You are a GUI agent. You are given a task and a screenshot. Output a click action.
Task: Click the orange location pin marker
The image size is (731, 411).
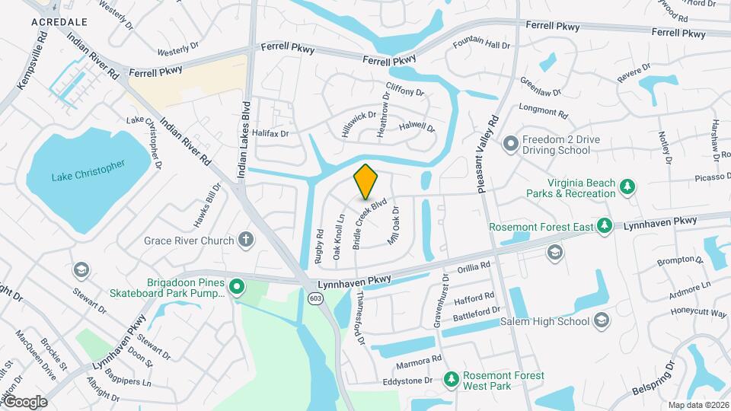point(366,180)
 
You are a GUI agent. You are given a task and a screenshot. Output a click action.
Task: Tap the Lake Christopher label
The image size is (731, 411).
point(88,170)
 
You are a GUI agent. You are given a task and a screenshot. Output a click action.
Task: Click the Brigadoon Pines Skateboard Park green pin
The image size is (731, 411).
point(237,287)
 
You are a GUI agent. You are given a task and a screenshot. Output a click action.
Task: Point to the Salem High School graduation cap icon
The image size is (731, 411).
point(602,321)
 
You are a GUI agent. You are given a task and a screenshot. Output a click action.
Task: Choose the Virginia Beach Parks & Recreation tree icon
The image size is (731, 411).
point(627,187)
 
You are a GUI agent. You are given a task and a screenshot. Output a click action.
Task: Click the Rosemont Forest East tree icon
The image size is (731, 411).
point(604,225)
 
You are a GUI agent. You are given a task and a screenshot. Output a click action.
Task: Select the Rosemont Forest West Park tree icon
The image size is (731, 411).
point(452,378)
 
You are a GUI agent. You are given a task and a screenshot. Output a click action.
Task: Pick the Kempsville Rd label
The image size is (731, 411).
point(33,59)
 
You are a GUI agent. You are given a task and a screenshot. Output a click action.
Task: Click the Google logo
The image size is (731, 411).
point(25,401)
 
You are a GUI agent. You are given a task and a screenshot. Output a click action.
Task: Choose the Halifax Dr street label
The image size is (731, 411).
point(271,133)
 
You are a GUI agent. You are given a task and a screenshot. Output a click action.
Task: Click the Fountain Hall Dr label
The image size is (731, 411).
point(481,45)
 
